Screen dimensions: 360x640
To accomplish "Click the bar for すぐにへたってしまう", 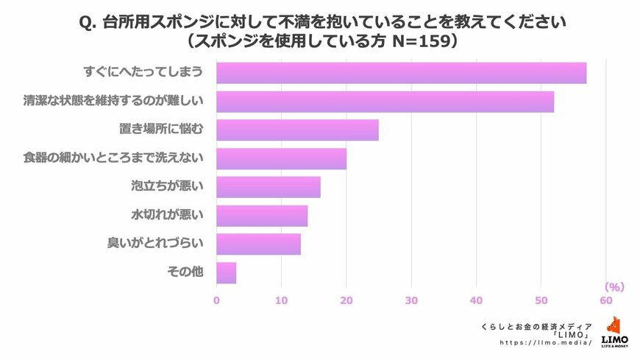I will [401, 73].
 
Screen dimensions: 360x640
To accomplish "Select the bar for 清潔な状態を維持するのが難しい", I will [385, 102].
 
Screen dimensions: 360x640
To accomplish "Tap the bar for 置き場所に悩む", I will [297, 130].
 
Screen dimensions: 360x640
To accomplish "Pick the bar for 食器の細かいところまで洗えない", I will [281, 158].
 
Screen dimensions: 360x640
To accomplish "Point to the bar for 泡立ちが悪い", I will [268, 187].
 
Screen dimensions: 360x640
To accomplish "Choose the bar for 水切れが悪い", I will [261, 216].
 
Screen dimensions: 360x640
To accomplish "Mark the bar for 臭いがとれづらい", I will [258, 244].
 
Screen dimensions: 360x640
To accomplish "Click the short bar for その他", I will [226, 272].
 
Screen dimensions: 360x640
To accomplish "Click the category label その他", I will [184, 272].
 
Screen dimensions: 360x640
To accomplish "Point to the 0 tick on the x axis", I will [216, 300].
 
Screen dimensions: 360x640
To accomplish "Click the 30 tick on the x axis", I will [411, 300].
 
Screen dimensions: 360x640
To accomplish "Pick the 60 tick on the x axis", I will [605, 300].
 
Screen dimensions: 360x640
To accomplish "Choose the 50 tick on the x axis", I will [541, 300].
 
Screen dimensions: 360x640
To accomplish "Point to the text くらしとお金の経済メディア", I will [536, 325].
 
